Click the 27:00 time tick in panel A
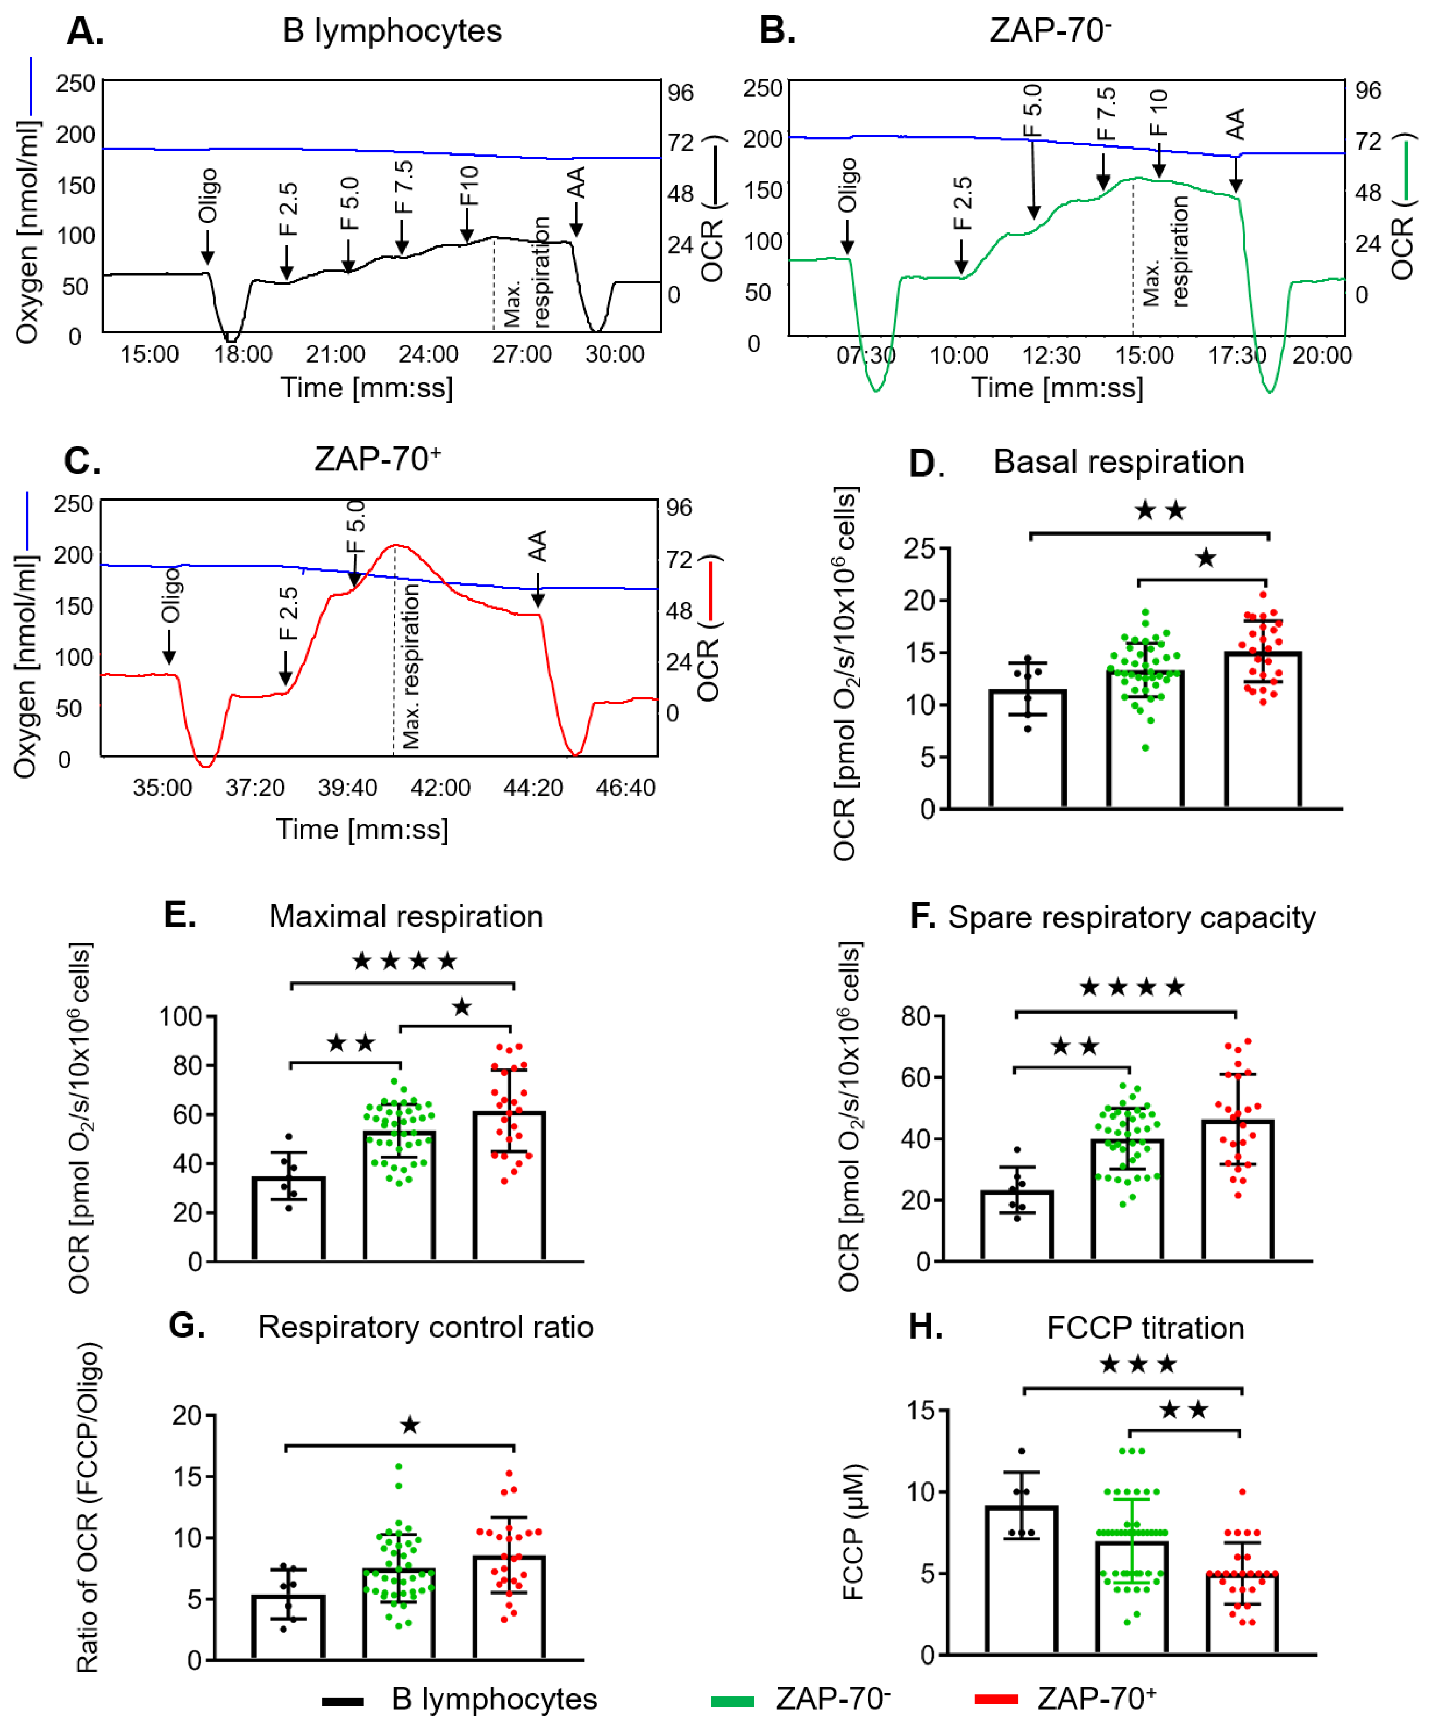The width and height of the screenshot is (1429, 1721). point(521,354)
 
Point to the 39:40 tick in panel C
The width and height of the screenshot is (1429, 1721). point(348,788)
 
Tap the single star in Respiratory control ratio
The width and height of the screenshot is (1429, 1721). point(410,1425)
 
